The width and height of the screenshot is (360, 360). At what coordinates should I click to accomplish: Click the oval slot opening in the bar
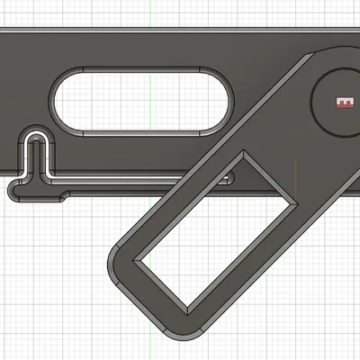pyautogui.click(x=141, y=101)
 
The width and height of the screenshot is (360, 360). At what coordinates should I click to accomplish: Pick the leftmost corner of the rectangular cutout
pyautogui.click(x=133, y=264)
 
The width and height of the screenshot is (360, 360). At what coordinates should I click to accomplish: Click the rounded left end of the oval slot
pyautogui.click(x=58, y=101)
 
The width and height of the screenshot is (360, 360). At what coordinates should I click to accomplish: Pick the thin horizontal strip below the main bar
pyautogui.click(x=108, y=183)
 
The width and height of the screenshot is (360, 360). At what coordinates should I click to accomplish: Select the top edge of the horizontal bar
pyautogui.click(x=135, y=32)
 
